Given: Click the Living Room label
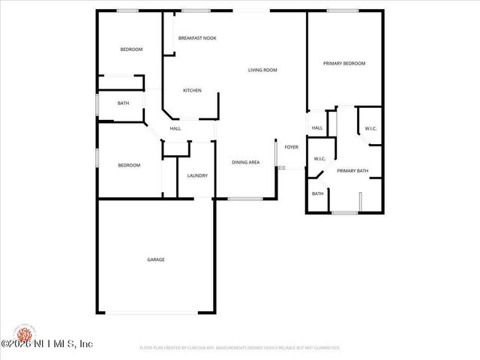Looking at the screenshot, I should pos(263,70).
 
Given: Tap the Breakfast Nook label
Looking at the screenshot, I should pos(197,37).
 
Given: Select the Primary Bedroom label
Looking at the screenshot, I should pos(344,64).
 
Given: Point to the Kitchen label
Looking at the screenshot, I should pos(193,91).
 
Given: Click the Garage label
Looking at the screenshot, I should pos(156,259).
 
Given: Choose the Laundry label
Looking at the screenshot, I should pos(197,175).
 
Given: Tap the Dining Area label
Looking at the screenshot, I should pos(246,162).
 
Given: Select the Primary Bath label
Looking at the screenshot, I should pos(352,171).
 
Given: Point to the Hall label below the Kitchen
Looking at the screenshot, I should pos(175,129).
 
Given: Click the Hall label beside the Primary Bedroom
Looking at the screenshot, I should pos(317,128).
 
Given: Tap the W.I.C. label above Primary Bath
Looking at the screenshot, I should pos(370,129).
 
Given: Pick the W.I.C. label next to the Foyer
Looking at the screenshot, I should pos(319,158).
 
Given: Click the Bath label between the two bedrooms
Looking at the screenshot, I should pos(123,103).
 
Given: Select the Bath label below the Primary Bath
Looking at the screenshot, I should pos(318,193).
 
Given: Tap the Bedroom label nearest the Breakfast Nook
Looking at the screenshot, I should pos(131,49).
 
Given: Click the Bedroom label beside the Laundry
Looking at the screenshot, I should pos(129,165).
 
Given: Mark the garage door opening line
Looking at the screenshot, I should pos(156,313).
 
